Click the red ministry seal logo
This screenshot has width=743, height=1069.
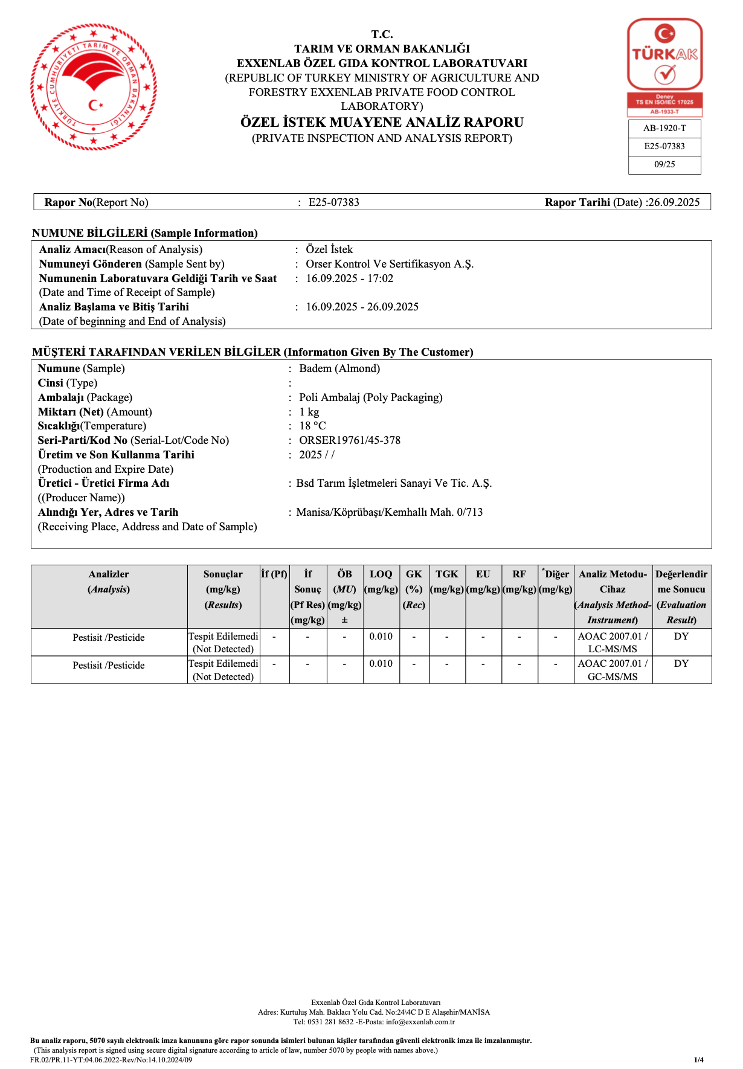coord(94,87)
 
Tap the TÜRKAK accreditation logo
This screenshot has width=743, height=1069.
coord(664,66)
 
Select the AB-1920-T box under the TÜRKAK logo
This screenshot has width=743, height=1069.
coord(664,129)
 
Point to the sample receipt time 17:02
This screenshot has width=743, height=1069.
coord(381,278)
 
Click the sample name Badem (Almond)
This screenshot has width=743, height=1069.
coord(339,368)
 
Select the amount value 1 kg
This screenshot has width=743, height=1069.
coord(309,412)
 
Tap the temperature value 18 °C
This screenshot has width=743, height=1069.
coord(312,426)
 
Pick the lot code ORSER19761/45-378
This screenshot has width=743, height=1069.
coord(350,440)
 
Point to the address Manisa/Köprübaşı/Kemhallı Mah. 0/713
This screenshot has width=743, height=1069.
coord(389,512)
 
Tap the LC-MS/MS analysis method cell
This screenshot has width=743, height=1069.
coord(613,643)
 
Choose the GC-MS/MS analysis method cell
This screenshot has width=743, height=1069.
coord(613,670)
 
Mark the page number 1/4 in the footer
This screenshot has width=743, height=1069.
coord(698,1059)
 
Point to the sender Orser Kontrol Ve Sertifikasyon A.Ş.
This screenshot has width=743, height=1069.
coord(390,264)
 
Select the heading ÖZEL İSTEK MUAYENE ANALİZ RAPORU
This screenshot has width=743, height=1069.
coord(382,123)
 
